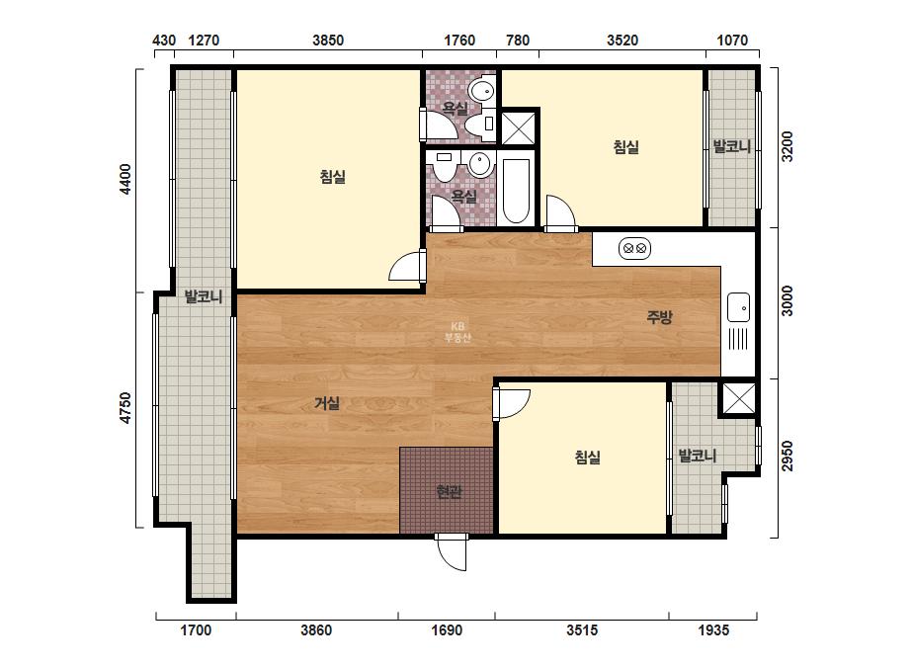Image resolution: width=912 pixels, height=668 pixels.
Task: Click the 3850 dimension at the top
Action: tap(328, 41)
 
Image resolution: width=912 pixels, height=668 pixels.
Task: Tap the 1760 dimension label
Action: tap(459, 41)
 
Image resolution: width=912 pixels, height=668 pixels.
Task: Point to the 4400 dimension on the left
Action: tap(125, 179)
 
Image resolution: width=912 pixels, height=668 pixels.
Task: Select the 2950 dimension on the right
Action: tap(787, 457)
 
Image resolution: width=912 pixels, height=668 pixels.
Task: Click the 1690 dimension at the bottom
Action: tap(447, 629)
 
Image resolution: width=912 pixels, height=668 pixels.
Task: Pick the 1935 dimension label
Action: tap(713, 629)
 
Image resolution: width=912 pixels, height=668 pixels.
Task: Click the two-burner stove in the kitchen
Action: tap(634, 248)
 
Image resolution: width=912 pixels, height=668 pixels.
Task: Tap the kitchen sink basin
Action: tap(738, 307)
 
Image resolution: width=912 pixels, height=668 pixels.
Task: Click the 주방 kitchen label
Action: tap(660, 317)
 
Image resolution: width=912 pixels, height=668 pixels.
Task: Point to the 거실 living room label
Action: tap(327, 402)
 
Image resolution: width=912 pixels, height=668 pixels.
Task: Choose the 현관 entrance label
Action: tap(449, 492)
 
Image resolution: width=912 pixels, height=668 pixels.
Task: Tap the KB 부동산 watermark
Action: tap(457, 332)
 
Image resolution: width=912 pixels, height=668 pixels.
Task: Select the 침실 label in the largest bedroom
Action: tap(333, 176)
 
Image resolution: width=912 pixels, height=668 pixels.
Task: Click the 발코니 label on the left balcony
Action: tap(203, 296)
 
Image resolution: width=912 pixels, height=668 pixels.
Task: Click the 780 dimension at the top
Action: tap(518, 41)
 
